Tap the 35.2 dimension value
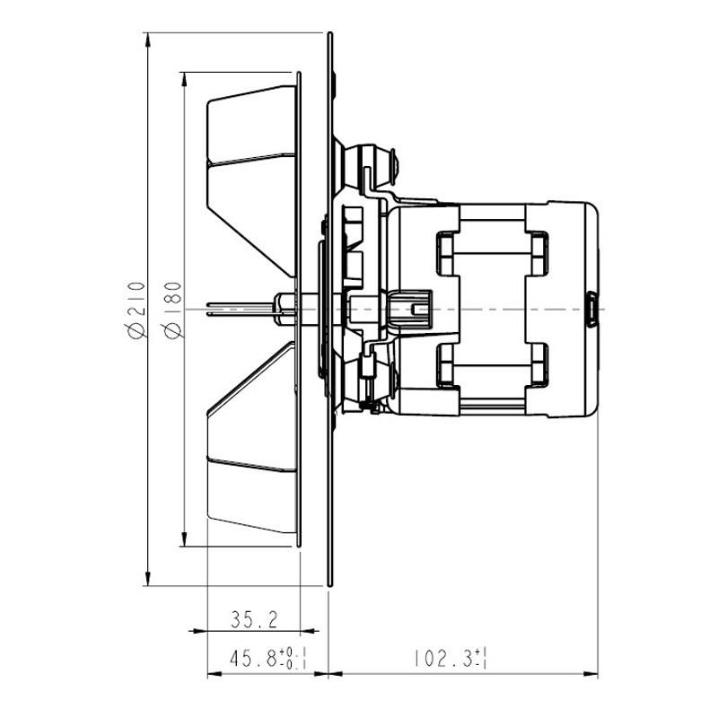[x=254, y=619]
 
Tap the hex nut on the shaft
[x=285, y=308]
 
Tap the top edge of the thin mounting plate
[x=330, y=36]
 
